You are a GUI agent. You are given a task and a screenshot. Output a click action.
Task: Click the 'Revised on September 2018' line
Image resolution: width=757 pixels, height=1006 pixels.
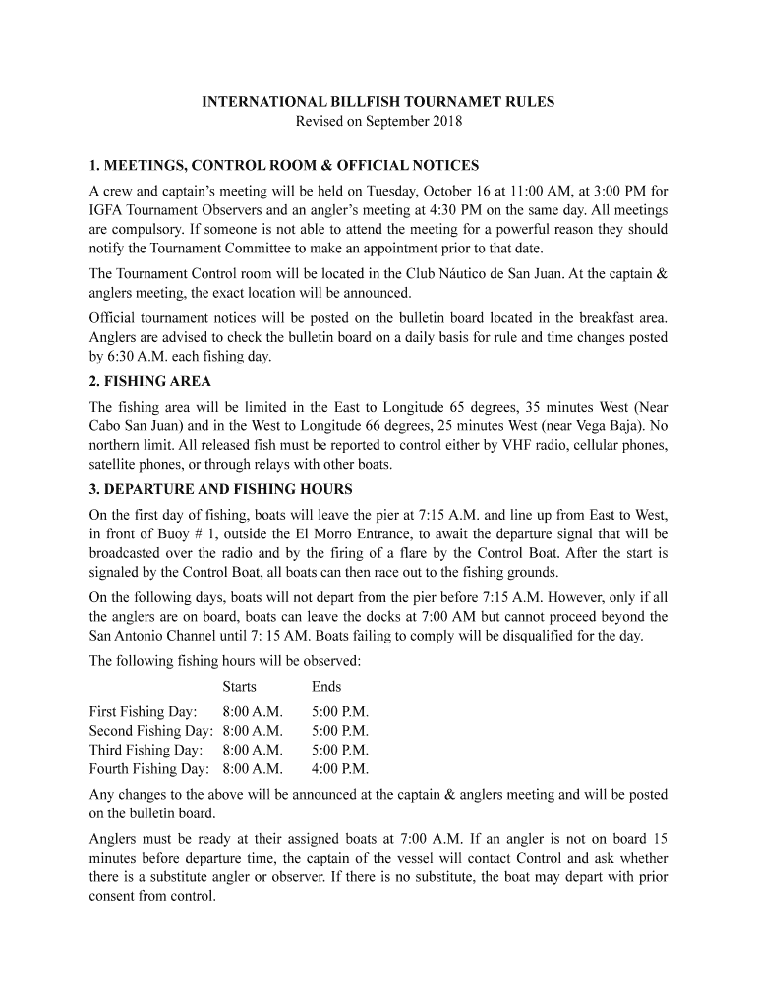tap(378, 122)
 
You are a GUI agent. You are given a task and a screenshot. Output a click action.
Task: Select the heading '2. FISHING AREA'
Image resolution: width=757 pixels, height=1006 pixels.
tap(149, 381)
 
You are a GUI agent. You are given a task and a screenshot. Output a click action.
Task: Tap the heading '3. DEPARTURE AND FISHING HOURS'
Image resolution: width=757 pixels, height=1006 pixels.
tap(220, 489)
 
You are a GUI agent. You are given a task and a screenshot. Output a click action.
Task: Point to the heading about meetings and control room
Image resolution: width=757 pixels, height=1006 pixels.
tap(284, 164)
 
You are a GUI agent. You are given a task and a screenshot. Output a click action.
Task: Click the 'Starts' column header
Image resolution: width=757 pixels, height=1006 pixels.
tap(239, 687)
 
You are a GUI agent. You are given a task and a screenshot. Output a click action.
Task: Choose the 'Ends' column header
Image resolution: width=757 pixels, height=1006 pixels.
tap(326, 687)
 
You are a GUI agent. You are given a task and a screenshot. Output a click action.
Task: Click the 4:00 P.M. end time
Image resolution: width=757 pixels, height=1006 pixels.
tap(340, 769)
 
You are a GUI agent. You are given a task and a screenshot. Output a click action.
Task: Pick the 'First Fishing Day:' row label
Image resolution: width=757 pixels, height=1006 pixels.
tap(143, 711)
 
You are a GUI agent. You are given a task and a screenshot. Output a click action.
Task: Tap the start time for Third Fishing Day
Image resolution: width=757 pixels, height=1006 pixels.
tap(253, 750)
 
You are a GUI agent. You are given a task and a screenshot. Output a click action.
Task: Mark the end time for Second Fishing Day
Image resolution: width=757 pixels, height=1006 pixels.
tap(340, 731)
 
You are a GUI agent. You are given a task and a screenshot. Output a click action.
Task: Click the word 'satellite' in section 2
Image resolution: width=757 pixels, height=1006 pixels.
tap(116, 464)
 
